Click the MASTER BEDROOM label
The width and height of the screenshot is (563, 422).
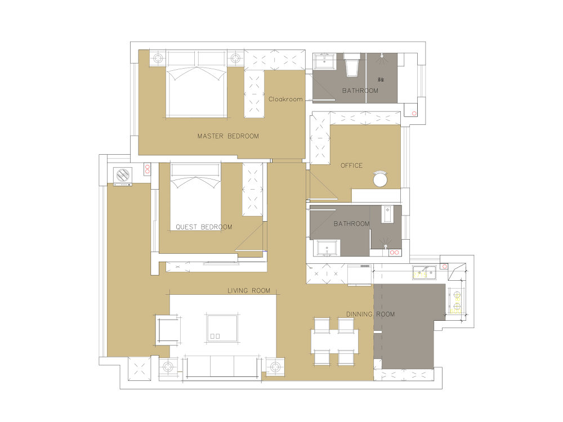(228, 136)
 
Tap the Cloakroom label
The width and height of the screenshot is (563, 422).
(285, 99)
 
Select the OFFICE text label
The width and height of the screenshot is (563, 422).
(351, 165)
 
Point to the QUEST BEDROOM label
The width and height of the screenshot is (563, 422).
(204, 227)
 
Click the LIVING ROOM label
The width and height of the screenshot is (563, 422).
(249, 291)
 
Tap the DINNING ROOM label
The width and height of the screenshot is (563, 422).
(370, 315)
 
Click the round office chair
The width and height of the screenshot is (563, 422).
(380, 179)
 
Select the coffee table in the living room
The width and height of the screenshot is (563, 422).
(222, 328)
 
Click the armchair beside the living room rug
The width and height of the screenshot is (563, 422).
(168, 330)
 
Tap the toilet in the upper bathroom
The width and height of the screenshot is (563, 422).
(352, 65)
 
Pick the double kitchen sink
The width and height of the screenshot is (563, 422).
(424, 272)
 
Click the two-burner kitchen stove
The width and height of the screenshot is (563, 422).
(457, 301)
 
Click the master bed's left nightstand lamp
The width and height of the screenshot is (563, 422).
(158, 58)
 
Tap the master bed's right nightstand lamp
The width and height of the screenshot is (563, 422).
(235, 58)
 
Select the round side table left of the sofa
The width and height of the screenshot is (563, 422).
(168, 367)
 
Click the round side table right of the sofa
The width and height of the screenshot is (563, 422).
(275, 367)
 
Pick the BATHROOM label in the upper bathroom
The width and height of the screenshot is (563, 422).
(360, 91)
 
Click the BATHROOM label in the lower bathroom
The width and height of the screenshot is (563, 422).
(351, 223)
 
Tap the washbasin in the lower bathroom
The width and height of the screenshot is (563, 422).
(327, 248)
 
